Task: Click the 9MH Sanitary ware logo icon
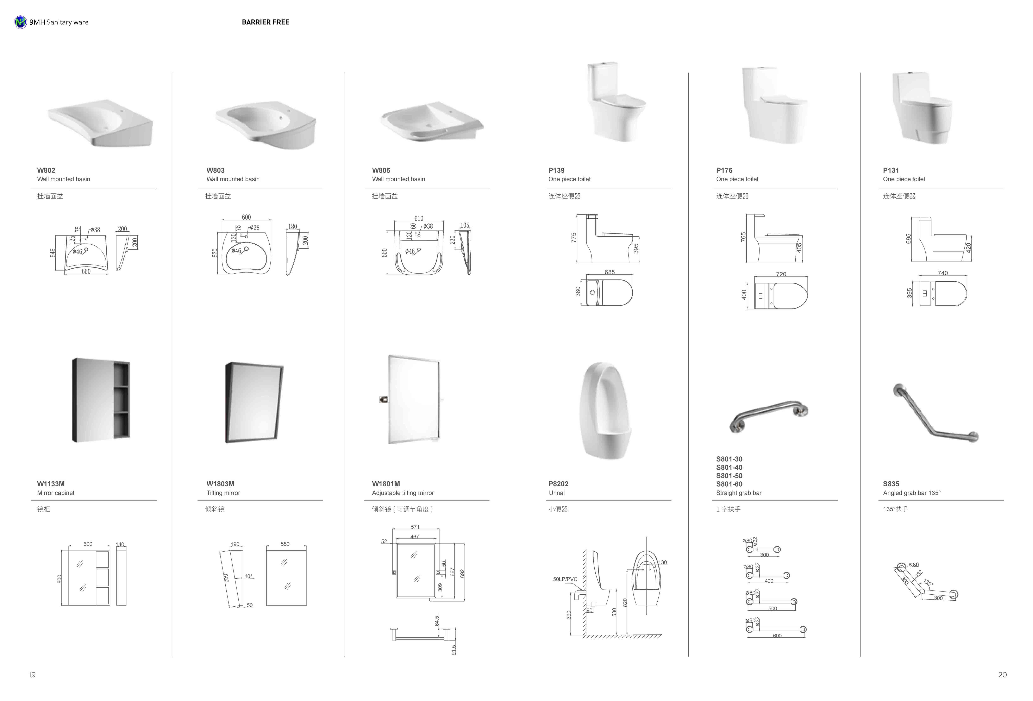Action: coord(20,22)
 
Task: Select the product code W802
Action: coord(46,170)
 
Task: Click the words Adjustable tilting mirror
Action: coord(403,493)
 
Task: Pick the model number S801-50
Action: coord(729,476)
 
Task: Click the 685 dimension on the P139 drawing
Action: coord(609,272)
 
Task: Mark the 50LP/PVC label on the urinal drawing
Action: coord(565,579)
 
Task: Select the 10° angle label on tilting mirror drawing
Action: coord(249,576)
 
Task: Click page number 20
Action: coord(1002,675)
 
